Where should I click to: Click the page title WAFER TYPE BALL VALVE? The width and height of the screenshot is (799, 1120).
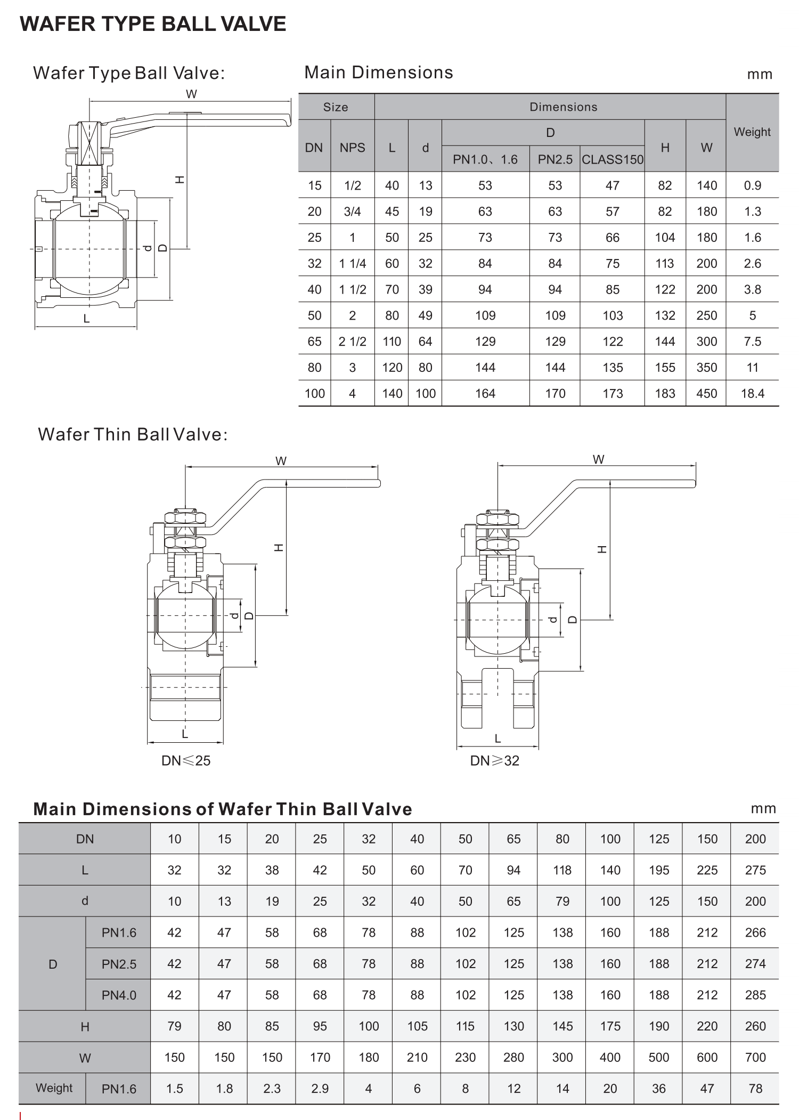point(153,24)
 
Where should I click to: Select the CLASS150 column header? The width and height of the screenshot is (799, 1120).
point(612,159)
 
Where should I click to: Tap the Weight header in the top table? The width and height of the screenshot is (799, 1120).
point(752,132)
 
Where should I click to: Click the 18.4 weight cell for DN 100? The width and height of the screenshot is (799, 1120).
point(752,393)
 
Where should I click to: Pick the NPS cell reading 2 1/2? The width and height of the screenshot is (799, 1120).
point(352,342)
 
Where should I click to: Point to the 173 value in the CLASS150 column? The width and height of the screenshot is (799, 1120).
point(612,393)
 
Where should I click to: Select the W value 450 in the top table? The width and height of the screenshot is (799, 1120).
point(706,393)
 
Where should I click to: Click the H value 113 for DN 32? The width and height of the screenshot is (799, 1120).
point(664,263)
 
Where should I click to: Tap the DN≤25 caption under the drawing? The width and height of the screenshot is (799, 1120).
point(186,761)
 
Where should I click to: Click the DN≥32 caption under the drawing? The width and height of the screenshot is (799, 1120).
point(494,761)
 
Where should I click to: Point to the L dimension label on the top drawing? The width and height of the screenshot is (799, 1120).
point(86,319)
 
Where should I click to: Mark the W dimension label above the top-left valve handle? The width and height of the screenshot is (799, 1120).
point(191,94)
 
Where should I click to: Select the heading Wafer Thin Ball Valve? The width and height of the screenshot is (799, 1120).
point(133,434)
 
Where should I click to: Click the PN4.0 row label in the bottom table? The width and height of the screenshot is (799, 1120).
point(119,995)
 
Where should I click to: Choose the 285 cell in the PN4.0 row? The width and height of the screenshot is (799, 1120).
point(755,995)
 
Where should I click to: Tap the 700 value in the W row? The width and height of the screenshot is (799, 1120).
point(755,1057)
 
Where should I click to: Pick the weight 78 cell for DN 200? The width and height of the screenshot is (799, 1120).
point(755,1089)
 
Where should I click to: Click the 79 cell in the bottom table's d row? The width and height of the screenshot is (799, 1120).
point(562,902)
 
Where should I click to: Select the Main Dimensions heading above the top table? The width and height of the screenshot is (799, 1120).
point(378,72)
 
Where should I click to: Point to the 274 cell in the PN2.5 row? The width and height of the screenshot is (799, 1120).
point(755,964)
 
